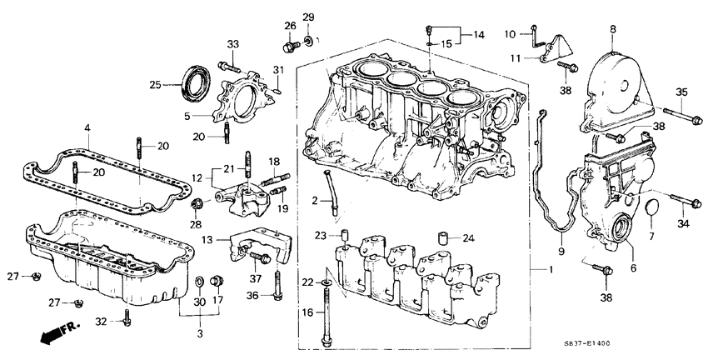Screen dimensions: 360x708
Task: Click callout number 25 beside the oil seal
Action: (x=154, y=83)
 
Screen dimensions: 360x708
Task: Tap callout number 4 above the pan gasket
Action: (x=87, y=127)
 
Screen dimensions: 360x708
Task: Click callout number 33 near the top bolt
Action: (x=232, y=44)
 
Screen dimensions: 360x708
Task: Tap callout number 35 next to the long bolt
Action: (x=681, y=92)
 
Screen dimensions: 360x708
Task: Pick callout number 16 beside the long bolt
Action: (x=307, y=312)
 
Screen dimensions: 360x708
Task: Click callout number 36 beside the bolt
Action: (x=254, y=295)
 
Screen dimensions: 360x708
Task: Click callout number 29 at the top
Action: (x=307, y=17)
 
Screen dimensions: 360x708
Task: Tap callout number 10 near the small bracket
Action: (x=510, y=34)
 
